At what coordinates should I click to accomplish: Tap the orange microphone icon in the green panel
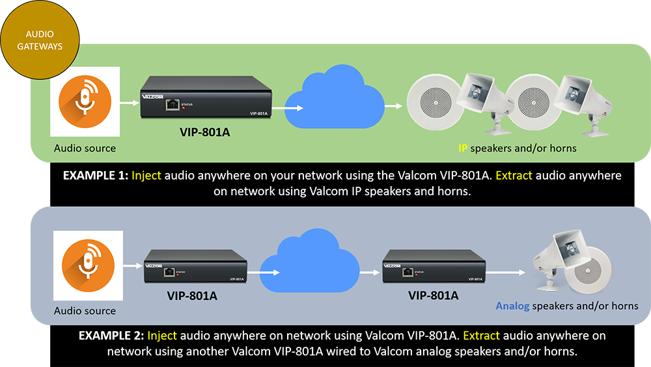click(85, 103)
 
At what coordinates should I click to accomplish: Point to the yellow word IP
click(463, 148)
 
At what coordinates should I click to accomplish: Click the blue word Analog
click(512, 306)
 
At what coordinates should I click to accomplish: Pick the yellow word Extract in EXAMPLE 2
click(481, 336)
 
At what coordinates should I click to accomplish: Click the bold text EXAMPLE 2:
click(111, 336)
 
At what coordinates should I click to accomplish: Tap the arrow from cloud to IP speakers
click(393, 105)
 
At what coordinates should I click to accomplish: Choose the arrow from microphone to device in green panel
click(128, 102)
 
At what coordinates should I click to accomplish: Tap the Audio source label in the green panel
click(85, 148)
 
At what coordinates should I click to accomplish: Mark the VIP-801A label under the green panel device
click(206, 133)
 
